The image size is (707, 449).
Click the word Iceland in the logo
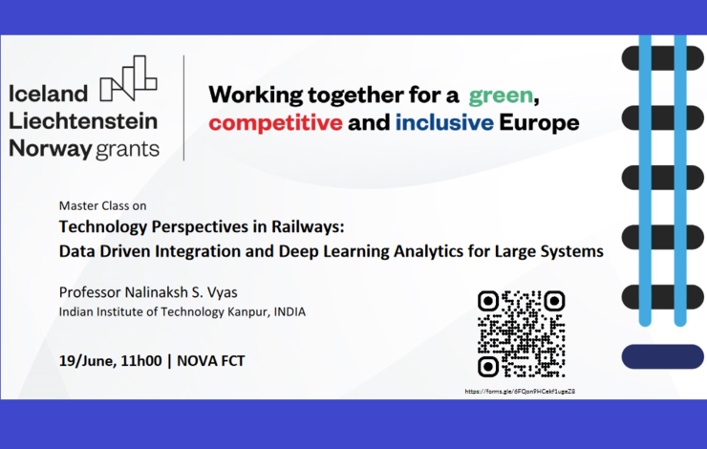tap(48, 94)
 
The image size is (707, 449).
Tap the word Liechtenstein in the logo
tap(83, 120)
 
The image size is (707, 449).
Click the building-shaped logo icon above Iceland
tap(129, 78)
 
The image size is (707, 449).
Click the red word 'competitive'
tap(275, 122)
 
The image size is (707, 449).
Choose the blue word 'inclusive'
tap(444, 122)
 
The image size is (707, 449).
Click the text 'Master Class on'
tap(103, 205)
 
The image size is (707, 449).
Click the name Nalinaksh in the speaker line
tap(156, 292)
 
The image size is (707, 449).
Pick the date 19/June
tap(88, 361)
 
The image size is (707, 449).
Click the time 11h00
tap(141, 361)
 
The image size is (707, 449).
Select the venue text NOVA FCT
tap(210, 361)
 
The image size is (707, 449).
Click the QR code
tap(522, 334)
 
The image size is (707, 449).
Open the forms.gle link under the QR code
tap(520, 392)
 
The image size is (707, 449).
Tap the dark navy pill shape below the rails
tap(662, 356)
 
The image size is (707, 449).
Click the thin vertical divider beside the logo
tap(184, 108)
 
